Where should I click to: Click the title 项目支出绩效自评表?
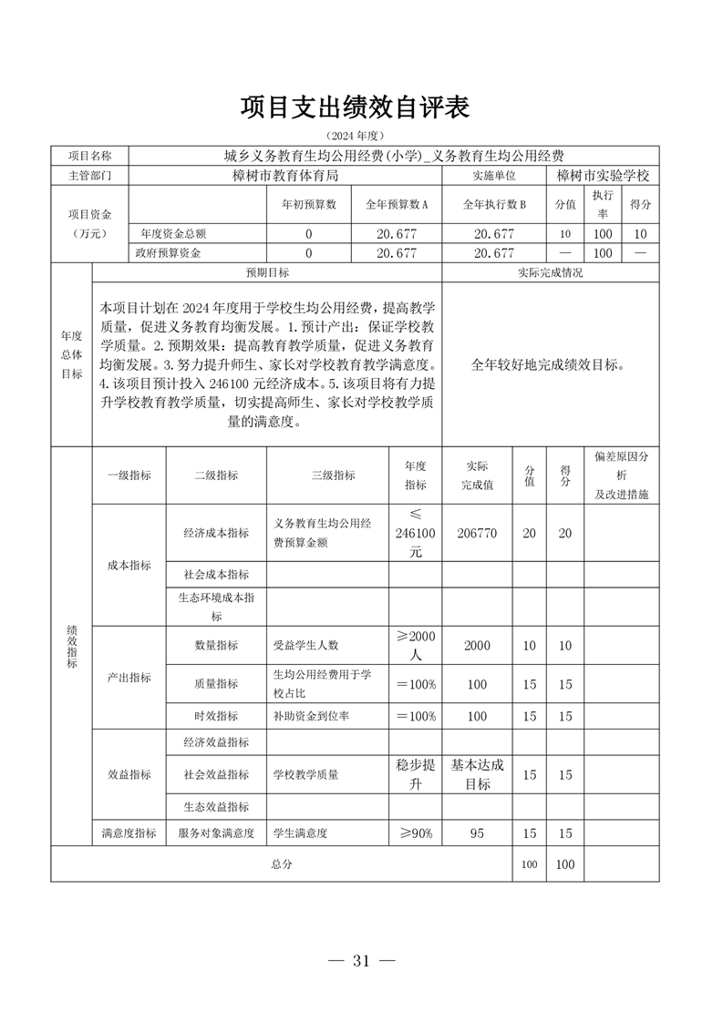pos(355,107)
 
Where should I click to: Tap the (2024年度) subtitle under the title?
pos(355,135)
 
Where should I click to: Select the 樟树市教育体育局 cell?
pos(285,174)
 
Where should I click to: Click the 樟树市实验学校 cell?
pos(602,174)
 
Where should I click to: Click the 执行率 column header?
pos(602,205)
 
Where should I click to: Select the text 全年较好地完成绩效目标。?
pos(549,364)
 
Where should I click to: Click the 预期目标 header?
pos(266,272)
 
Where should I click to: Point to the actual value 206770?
pos(477,534)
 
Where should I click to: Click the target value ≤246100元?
pos(416,534)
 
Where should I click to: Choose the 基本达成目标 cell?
pos(477,774)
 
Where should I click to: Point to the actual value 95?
pos(477,833)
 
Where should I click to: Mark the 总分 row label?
pos(281,864)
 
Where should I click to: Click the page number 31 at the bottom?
pos(361,961)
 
